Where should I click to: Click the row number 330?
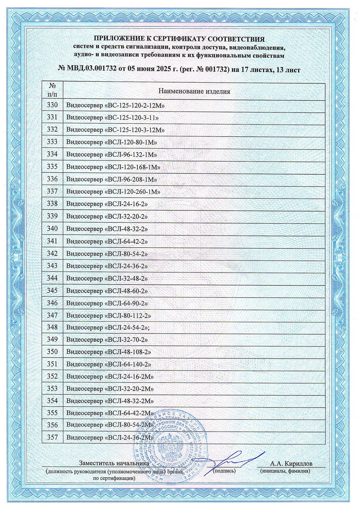pyautogui.click(x=52, y=105)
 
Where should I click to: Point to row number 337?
pyautogui.click(x=52, y=192)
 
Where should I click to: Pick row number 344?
pyautogui.click(x=52, y=278)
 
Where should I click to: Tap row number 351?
pyautogui.click(x=52, y=364)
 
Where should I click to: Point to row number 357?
pyautogui.click(x=52, y=438)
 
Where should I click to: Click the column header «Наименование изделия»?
pyautogui.click(x=194, y=91)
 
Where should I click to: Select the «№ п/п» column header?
pyautogui.click(x=52, y=90)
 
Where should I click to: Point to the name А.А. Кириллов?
pyautogui.click(x=291, y=464)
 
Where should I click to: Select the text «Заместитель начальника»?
pyautogui.click(x=114, y=463)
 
